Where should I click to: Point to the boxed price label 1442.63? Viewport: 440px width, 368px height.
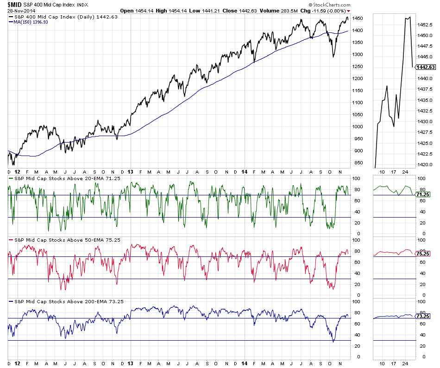tap(426, 67)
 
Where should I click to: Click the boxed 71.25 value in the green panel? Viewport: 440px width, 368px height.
tap(422, 195)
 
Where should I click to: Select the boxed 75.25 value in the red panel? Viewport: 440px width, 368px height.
tap(422, 254)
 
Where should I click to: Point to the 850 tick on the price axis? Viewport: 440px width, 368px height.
tap(357, 162)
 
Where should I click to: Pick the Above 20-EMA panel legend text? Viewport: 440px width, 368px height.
tap(57, 178)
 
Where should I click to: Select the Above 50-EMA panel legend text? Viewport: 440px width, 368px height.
tap(57, 240)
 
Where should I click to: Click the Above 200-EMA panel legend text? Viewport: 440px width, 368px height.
tap(59, 301)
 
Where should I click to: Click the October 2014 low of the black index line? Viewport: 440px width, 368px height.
tap(333, 57)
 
